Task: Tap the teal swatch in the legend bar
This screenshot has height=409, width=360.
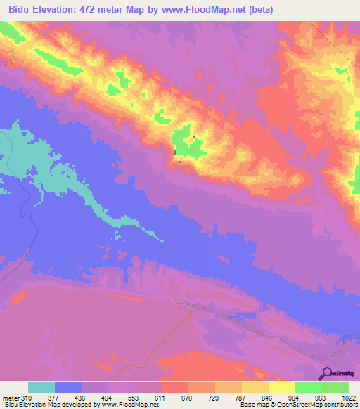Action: (41, 388)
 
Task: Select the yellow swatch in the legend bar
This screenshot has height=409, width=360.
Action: (281, 388)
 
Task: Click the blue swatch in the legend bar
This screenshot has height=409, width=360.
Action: (68, 388)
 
